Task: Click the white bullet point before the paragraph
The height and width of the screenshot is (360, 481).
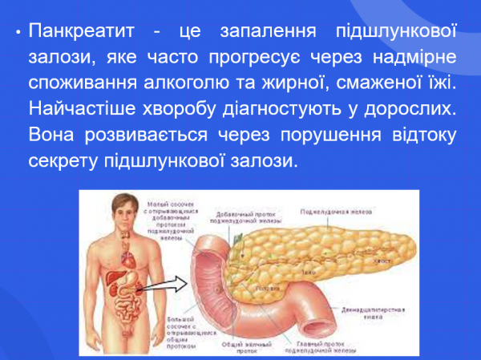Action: (x=17, y=34)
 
